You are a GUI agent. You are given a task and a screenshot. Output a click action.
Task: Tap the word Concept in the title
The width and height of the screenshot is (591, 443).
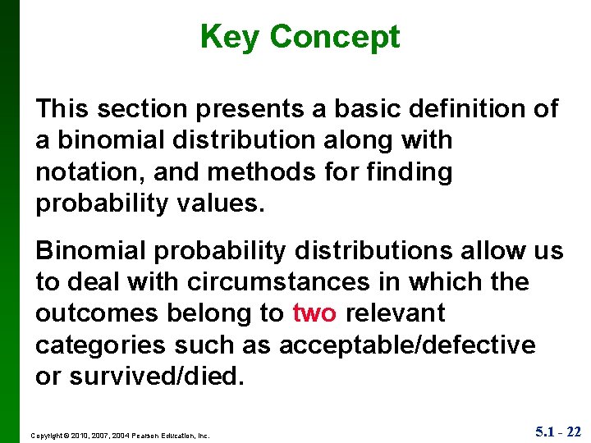point(335,37)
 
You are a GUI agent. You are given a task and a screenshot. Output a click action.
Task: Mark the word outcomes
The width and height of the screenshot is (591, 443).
point(92,313)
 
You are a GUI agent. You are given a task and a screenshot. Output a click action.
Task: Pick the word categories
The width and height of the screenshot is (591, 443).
point(102,345)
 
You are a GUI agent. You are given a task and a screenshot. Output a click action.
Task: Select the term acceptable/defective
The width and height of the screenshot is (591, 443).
point(407,345)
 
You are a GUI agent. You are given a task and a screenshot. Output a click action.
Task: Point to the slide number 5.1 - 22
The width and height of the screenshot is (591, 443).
point(558,432)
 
